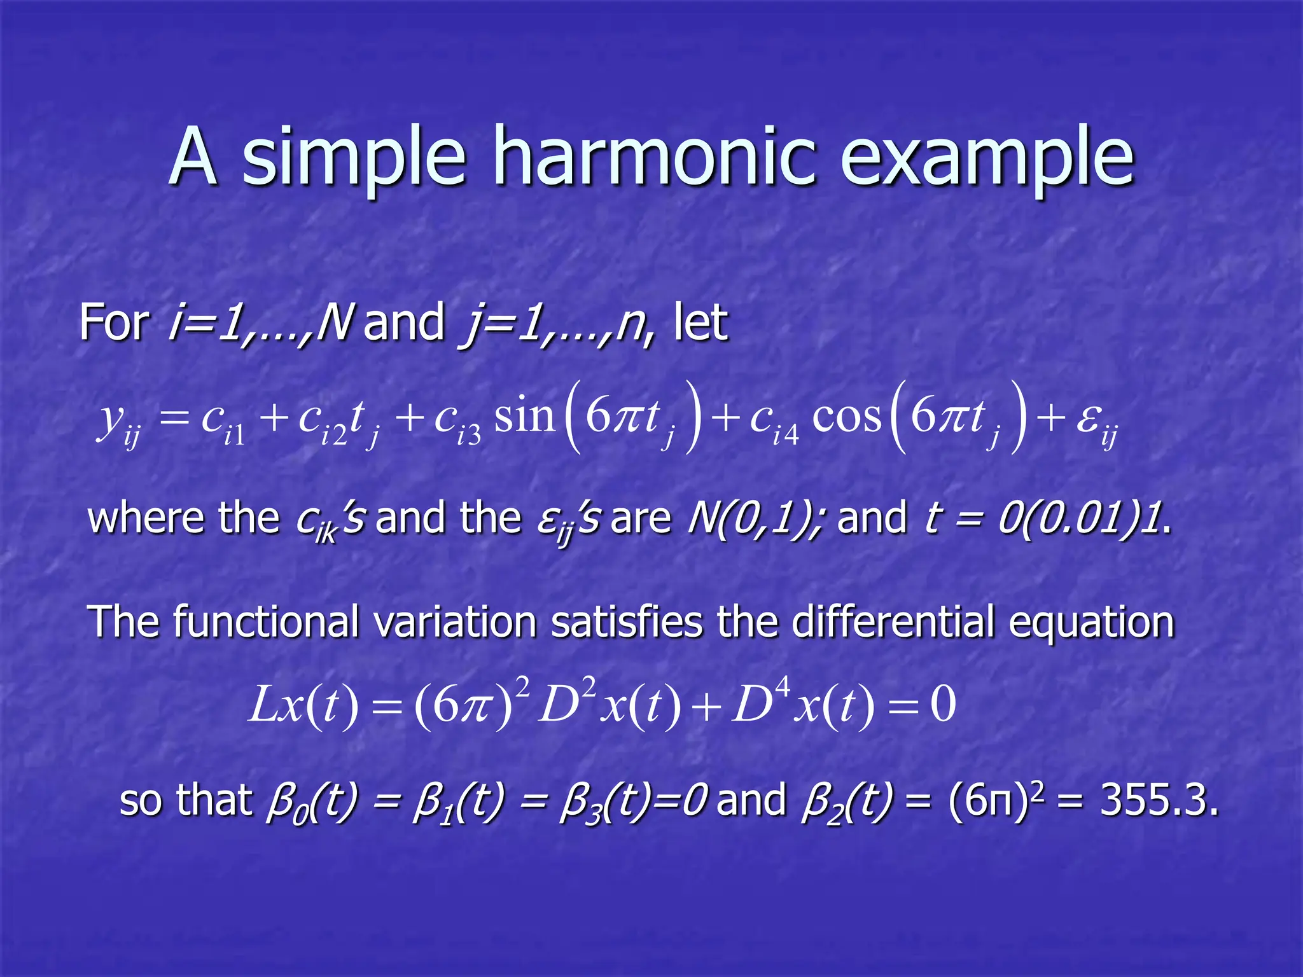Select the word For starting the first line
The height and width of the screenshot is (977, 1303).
114,322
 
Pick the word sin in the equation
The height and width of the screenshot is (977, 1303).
525,417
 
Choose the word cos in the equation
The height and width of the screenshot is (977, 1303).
847,417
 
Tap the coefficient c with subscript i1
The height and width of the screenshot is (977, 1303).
223,423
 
